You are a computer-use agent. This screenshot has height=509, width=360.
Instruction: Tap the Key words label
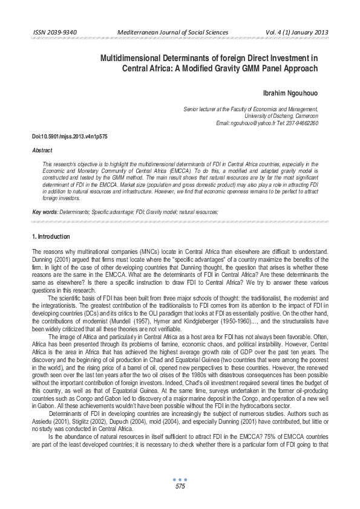(x=45, y=212)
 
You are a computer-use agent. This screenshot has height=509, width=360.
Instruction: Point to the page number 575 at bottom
(x=180, y=487)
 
